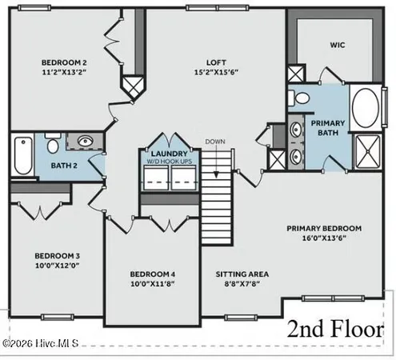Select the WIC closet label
pyautogui.click(x=336, y=46)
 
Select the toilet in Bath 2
pyautogui.click(x=52, y=146)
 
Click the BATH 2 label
pyautogui.click(x=64, y=166)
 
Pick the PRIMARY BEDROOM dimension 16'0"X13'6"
pyautogui.click(x=324, y=238)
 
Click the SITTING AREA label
pyautogui.click(x=242, y=274)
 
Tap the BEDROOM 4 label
pyautogui.click(x=153, y=274)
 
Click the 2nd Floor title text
pyautogui.click(x=336, y=330)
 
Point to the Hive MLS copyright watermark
pyautogui.click(x=40, y=344)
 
